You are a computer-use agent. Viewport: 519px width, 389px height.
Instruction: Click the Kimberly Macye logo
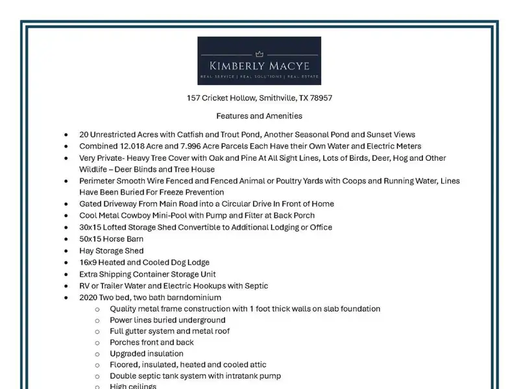[x=259, y=61]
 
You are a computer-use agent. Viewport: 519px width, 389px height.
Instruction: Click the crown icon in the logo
[x=259, y=54]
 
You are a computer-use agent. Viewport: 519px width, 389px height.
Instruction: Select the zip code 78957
[x=322, y=98]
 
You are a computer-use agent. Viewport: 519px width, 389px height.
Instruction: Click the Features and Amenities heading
[x=259, y=116]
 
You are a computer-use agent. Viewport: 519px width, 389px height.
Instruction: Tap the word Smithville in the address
[x=277, y=98]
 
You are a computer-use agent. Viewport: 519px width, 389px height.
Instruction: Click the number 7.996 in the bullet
[x=195, y=147]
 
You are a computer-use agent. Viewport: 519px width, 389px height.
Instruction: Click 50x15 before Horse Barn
[x=91, y=239]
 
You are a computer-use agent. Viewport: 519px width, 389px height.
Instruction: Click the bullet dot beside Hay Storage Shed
[x=66, y=251]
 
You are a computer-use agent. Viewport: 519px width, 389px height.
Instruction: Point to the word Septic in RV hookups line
[x=254, y=286]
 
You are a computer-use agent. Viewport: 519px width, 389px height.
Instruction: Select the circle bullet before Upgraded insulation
[x=97, y=354]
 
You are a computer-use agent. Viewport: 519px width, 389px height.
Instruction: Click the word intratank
[x=224, y=376]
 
